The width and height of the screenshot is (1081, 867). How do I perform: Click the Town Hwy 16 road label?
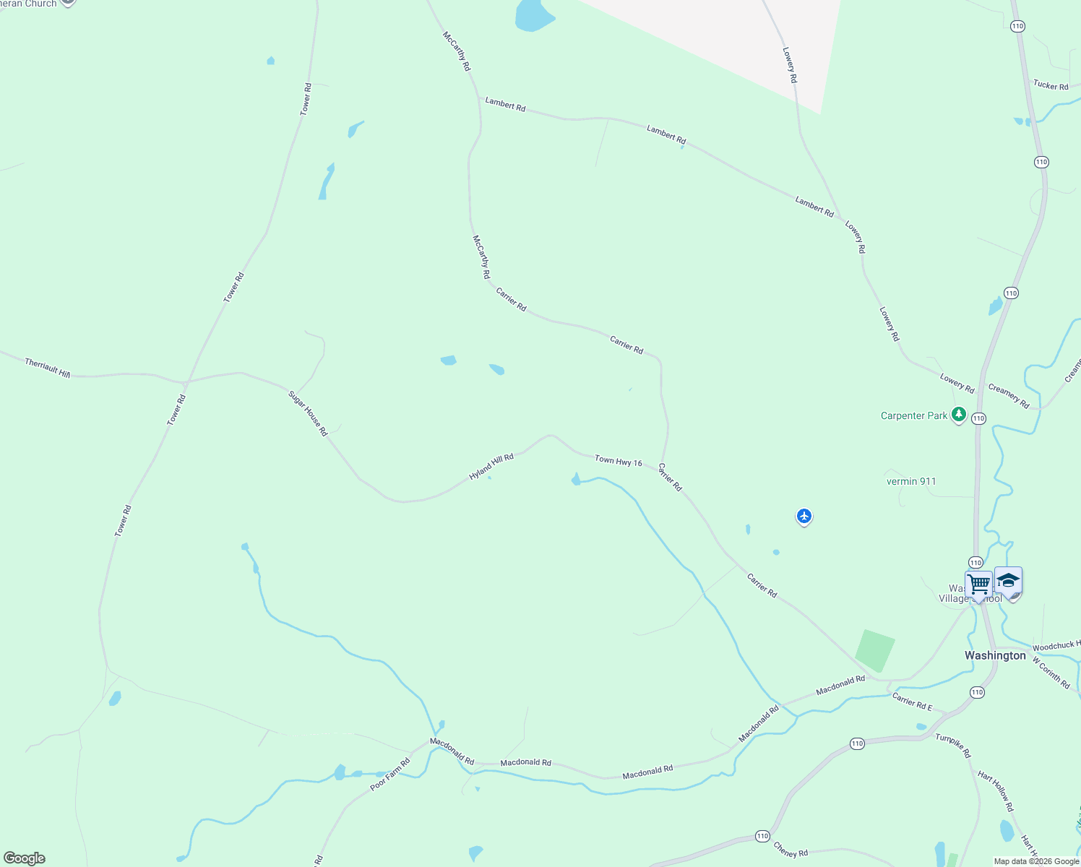click(618, 461)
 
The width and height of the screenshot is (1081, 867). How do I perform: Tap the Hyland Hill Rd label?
click(491, 467)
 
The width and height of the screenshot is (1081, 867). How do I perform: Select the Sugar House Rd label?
click(309, 413)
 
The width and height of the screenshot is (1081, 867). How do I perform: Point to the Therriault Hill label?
click(48, 368)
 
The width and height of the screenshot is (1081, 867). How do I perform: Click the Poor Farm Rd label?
click(390, 774)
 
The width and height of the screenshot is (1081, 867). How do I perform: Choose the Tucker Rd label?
click(1051, 85)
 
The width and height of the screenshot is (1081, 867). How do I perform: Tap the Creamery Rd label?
click(1009, 397)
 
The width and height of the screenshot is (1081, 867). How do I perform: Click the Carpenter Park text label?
click(913, 416)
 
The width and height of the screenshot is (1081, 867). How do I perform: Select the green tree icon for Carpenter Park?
click(959, 415)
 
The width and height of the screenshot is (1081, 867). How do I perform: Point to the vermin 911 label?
click(911, 481)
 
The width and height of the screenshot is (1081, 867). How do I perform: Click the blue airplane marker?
click(804, 516)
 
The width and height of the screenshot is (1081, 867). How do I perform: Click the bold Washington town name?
click(995, 655)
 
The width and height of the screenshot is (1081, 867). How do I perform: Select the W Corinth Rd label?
click(1051, 672)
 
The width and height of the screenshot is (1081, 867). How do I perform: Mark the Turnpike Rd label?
click(954, 746)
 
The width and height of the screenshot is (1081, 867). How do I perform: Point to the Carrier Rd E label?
click(912, 701)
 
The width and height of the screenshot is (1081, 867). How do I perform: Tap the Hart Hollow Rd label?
click(996, 791)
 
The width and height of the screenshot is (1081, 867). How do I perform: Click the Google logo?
click(25, 858)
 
